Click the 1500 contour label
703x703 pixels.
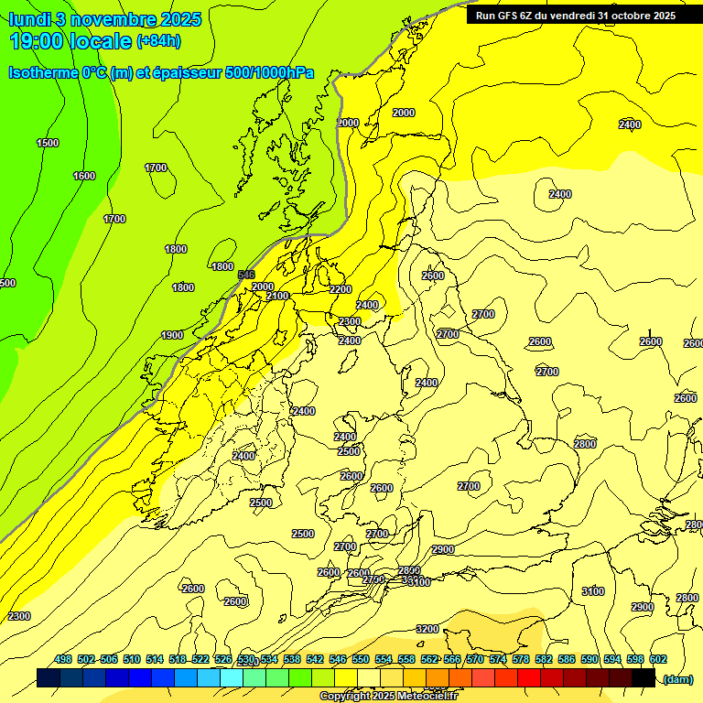point(48,143)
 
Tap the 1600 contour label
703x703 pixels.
point(84,176)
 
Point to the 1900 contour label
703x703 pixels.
point(172,335)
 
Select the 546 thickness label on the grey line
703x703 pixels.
point(246,275)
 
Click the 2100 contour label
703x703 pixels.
point(277,296)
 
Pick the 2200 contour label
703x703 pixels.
point(341,289)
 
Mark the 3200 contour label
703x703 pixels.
point(427,629)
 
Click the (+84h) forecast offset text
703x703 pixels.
point(158,41)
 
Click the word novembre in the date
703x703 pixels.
point(112,19)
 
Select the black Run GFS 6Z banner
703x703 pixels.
point(572,15)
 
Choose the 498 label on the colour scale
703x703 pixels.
point(63,659)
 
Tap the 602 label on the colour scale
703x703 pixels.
point(658,659)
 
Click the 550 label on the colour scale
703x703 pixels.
point(361,659)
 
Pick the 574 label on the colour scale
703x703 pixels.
point(498,659)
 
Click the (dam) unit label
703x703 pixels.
point(677,678)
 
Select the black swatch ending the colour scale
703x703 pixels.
point(644,677)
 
